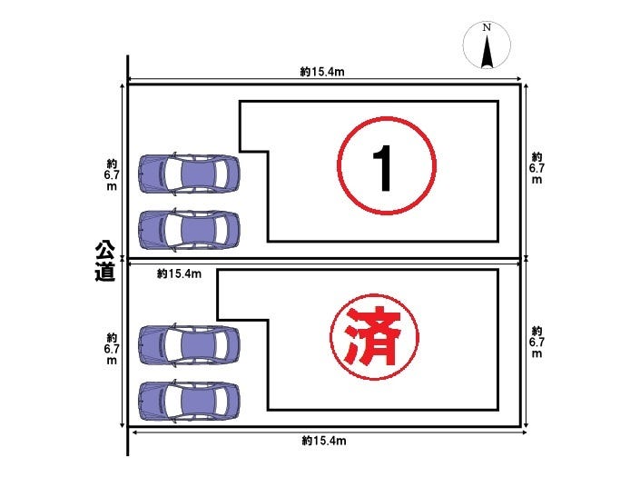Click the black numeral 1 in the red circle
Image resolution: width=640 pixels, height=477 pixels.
pos(383,168)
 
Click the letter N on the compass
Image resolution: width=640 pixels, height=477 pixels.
pos(487,28)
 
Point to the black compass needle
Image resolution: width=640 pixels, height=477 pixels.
pos(487,52)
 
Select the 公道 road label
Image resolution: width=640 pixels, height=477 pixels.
pos(104,262)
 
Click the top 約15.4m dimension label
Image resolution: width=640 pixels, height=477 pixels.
pos(322,72)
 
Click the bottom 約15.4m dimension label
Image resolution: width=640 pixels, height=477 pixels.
pos(324,441)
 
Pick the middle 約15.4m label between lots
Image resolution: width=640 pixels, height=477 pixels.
pos(179,273)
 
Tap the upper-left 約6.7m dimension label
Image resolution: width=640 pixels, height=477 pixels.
pos(112,174)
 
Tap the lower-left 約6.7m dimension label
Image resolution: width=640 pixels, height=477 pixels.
pos(112,349)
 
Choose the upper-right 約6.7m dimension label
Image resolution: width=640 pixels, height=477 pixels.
pos(537,168)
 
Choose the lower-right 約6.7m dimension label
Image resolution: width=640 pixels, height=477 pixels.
pos(537,342)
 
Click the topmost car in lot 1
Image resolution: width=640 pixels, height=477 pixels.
pos(189,174)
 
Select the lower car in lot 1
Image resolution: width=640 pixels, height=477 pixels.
pos(189,230)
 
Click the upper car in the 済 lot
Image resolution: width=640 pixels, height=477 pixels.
pos(189,344)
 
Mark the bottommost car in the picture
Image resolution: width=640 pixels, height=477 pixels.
pos(189,401)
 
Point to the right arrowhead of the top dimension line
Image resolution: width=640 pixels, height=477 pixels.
pos(519,79)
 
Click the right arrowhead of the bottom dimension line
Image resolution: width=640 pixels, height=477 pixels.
pos(524,432)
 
